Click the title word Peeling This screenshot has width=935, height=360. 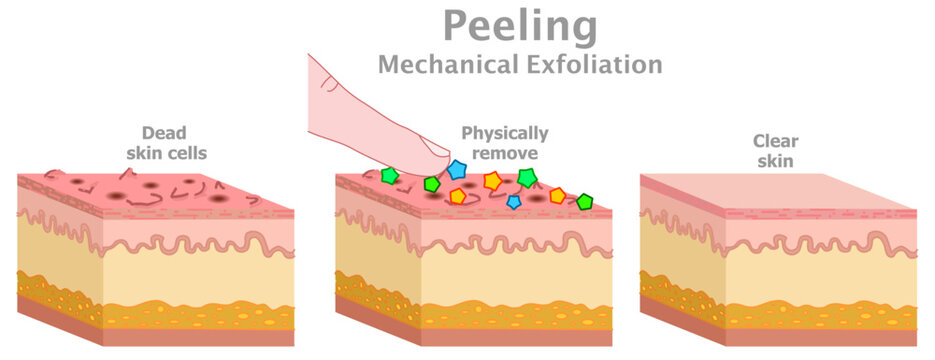tap(520, 27)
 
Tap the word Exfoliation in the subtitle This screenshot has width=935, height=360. tap(589, 66)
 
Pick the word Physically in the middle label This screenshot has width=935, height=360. tap(504, 133)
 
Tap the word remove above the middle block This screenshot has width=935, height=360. tap(504, 153)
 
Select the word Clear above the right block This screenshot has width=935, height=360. tap(778, 142)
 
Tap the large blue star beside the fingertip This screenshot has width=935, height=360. tap(458, 169)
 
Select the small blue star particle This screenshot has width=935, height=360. tap(514, 201)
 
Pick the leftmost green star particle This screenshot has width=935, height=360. tap(389, 176)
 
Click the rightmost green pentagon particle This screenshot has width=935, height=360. tap(585, 201)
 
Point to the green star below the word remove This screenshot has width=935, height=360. tap(526, 178)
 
